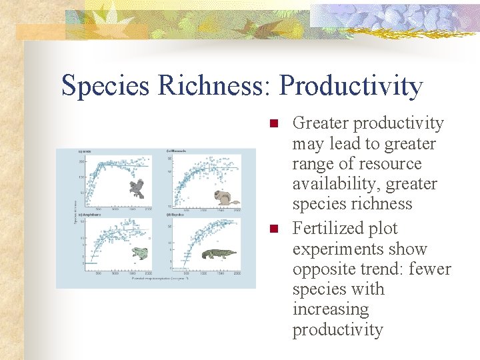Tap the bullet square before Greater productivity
(272, 123)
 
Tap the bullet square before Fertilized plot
(272, 229)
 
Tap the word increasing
(330, 309)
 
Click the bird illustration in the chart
(138, 189)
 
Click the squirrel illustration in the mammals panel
(227, 197)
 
